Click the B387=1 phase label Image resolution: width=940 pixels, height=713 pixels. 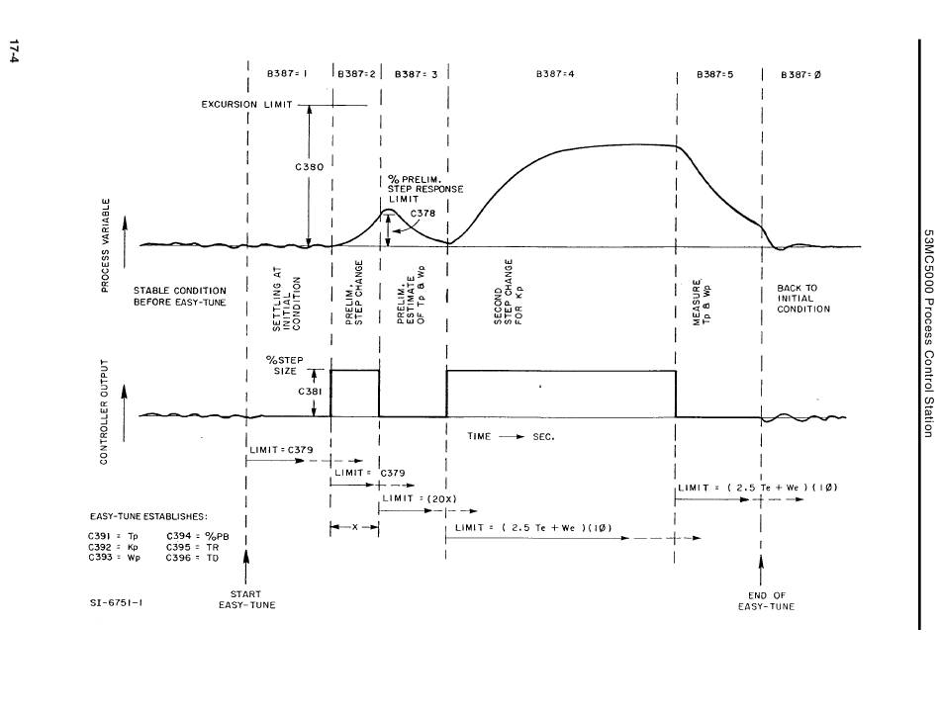coord(287,74)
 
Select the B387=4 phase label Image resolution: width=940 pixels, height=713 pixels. coord(555,74)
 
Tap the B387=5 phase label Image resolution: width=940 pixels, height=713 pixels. coord(714,74)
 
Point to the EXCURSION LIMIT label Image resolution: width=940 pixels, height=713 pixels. coord(247,104)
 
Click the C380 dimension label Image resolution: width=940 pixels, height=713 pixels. coord(310,166)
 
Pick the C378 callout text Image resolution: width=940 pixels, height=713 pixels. coord(423,213)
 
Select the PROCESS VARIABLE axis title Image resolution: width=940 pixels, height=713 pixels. coord(106,245)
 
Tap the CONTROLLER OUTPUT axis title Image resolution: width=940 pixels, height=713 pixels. coord(104,412)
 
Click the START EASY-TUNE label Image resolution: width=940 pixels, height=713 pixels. coord(246,599)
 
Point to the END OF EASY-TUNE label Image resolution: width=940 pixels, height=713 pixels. coord(766,601)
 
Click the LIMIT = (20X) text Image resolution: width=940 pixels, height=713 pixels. coord(420,498)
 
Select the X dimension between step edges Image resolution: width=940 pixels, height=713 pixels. coord(354,527)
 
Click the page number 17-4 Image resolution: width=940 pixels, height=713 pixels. coord(14,51)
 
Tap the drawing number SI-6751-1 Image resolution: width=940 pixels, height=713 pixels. coord(117,603)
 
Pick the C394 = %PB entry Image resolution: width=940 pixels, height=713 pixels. coord(197,536)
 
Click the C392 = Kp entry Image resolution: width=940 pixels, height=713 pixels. coord(114,547)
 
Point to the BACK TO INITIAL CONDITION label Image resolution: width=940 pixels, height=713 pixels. coord(803,299)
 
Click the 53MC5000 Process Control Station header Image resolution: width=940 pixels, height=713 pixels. coord(928,333)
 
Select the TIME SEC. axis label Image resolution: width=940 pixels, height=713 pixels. coord(511,437)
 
